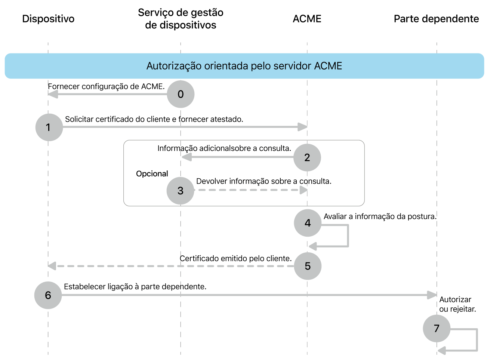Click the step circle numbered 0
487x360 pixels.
click(181, 94)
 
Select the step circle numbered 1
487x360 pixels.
click(49, 127)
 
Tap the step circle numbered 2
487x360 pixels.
click(307, 157)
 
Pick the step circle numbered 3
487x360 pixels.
click(181, 191)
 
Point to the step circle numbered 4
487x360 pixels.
click(308, 223)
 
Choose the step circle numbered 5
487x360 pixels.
click(308, 266)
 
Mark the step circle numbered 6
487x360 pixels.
click(48, 295)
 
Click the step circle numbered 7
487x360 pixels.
click(437, 329)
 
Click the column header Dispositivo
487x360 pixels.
click(48, 19)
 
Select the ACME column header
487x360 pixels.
click(307, 19)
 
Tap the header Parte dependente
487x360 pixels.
click(436, 19)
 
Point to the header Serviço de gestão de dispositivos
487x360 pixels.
click(181, 19)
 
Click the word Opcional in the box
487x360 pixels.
click(152, 174)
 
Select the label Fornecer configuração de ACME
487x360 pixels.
click(106, 86)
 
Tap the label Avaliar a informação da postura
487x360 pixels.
click(380, 216)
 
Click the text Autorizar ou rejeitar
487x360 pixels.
click(457, 304)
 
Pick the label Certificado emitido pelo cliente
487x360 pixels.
click(235, 258)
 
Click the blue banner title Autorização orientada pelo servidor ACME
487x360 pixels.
click(244, 66)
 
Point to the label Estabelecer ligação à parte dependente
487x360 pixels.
click(135, 287)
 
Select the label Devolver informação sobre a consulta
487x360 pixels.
click(263, 181)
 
